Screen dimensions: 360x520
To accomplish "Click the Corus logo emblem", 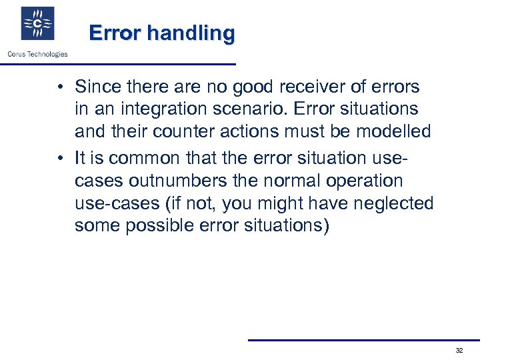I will [x=37, y=24].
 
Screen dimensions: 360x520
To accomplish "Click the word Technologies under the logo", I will [x=47, y=54].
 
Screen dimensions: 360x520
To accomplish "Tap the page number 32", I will [x=459, y=350].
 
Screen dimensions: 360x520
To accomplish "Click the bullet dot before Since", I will [x=60, y=87].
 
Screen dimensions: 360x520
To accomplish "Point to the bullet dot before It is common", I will [x=60, y=158].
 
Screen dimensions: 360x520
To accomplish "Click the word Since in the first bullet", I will [x=95, y=87].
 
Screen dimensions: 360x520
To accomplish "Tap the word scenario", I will [x=246, y=109].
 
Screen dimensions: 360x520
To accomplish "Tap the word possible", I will [x=163, y=225].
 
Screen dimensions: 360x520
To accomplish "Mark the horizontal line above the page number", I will [x=363, y=340].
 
